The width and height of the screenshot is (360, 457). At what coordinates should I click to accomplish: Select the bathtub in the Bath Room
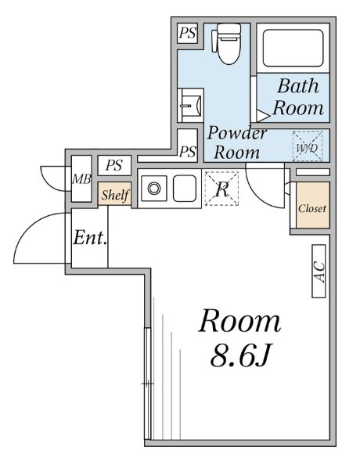click(x=293, y=48)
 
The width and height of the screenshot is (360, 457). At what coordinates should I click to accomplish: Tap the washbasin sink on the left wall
click(x=191, y=105)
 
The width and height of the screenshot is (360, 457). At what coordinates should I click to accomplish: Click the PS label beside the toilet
click(x=187, y=33)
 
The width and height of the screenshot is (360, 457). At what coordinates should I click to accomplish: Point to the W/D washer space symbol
click(x=308, y=146)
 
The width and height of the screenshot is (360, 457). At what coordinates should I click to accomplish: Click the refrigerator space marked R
click(x=221, y=189)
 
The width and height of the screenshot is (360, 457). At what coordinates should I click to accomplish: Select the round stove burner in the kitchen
click(x=153, y=189)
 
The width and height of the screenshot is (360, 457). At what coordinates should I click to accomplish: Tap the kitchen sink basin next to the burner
click(x=185, y=189)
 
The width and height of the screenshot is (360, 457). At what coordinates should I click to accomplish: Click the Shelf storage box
click(x=114, y=194)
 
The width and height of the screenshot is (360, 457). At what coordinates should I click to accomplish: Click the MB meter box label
click(x=81, y=179)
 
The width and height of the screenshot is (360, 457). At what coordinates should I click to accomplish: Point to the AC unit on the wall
click(x=319, y=272)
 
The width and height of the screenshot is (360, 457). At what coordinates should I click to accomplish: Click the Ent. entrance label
click(x=90, y=238)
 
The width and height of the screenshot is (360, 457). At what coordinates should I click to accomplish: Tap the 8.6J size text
click(x=239, y=356)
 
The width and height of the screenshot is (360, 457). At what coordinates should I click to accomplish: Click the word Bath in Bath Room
click(x=298, y=86)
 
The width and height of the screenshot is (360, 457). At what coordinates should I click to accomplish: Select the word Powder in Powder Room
click(x=236, y=133)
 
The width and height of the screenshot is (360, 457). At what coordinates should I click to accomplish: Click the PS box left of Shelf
click(x=114, y=165)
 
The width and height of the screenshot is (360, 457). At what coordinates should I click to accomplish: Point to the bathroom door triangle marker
click(x=263, y=115)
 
